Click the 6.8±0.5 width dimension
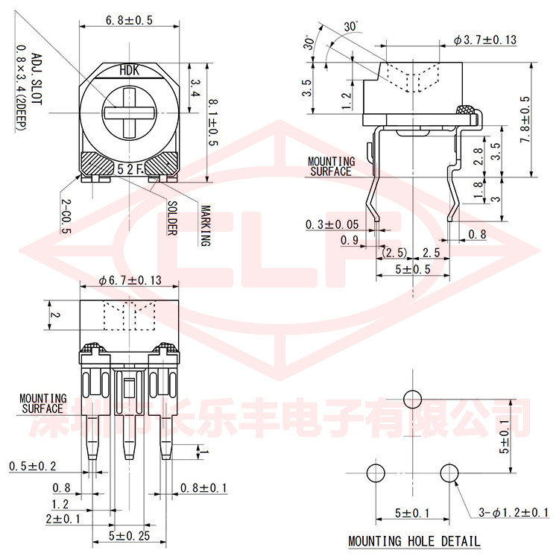pos(129,20)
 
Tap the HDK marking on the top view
pos(130,70)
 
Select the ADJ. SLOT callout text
pos(37,79)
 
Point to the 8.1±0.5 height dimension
pos(212,123)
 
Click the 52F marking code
pos(130,169)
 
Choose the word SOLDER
pos(172,218)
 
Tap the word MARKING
pos(206,226)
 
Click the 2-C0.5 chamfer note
pos(66,216)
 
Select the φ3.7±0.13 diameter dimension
pos(485,40)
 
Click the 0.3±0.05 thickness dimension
pos(332,224)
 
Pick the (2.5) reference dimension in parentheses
pos(394,253)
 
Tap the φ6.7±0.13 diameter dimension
pos(130,280)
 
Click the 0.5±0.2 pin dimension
pos(33,467)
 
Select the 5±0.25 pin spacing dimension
pos(130,536)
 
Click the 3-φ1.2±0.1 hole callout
pos(514,513)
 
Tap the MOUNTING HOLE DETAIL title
pos(414,541)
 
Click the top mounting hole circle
pos(412,399)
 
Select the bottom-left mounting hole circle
pos(376,473)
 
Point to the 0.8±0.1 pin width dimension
pos(203,488)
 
